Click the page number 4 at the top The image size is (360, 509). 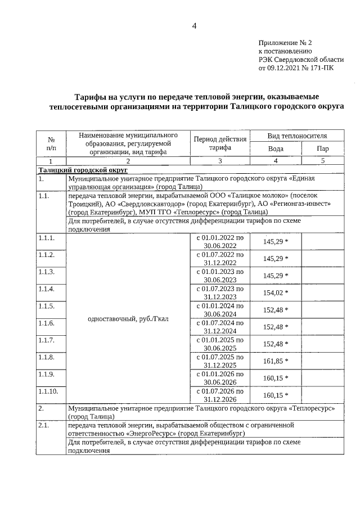click(x=194, y=26)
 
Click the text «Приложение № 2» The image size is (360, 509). click(x=285, y=43)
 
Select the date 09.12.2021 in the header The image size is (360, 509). click(x=286, y=68)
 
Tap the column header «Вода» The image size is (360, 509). click(x=276, y=148)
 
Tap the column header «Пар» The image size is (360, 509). click(x=323, y=148)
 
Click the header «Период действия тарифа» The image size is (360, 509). click(x=220, y=143)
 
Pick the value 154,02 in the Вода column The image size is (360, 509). click(x=274, y=292)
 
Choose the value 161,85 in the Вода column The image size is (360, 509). click(x=274, y=361)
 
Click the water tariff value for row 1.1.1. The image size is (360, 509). click(x=274, y=241)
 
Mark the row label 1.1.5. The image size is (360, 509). click(x=47, y=306)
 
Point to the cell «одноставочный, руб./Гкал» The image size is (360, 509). click(x=129, y=319)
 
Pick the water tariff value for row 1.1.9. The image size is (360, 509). click(x=274, y=378)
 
